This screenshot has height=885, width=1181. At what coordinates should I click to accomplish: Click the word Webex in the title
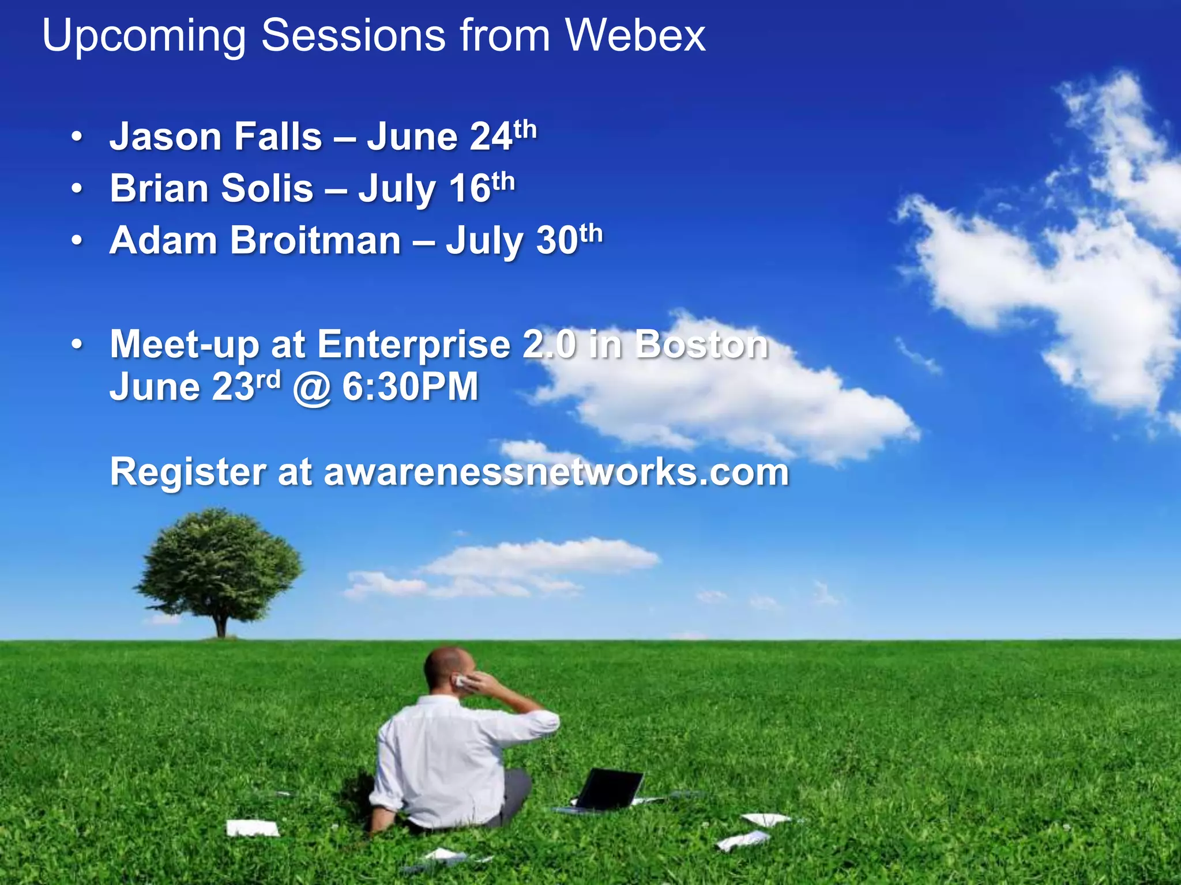(x=635, y=36)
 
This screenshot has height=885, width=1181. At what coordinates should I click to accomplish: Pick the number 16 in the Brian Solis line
(x=470, y=188)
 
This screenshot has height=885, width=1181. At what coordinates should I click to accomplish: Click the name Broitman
(x=315, y=240)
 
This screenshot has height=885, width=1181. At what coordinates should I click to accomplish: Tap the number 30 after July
(x=557, y=240)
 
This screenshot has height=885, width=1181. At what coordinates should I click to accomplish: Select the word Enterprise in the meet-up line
(x=414, y=344)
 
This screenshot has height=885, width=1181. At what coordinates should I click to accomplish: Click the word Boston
(x=702, y=344)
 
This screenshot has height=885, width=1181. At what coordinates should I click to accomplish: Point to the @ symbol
(x=312, y=388)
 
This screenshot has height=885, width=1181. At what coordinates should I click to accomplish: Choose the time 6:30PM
(x=411, y=387)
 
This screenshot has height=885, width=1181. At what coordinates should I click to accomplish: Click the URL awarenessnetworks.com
(x=556, y=472)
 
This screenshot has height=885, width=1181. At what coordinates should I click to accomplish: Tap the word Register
(x=188, y=472)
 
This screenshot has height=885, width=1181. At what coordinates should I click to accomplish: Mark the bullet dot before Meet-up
(x=77, y=345)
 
